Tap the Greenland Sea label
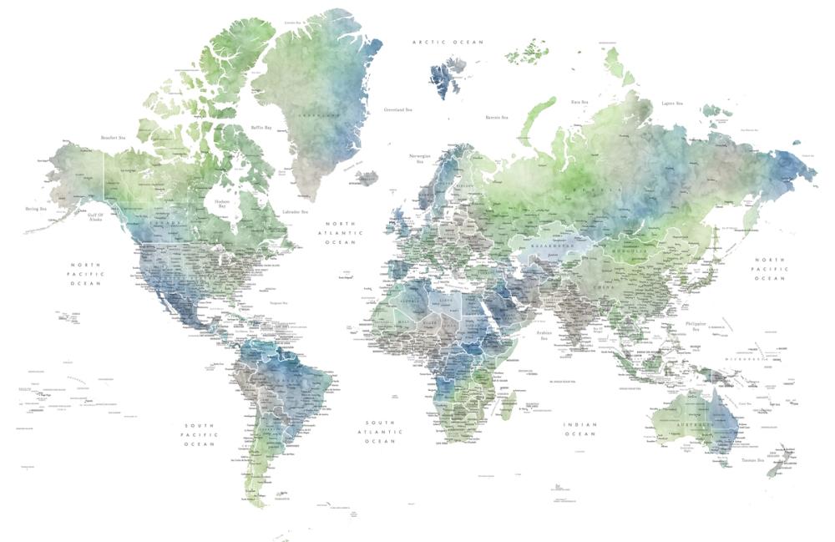click(x=397, y=109)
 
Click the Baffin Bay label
click(x=261, y=128)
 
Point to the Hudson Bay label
click(x=221, y=203)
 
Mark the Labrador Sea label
click(x=295, y=212)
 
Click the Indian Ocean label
click(x=579, y=429)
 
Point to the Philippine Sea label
click(x=695, y=327)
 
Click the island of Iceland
click(x=365, y=178)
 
